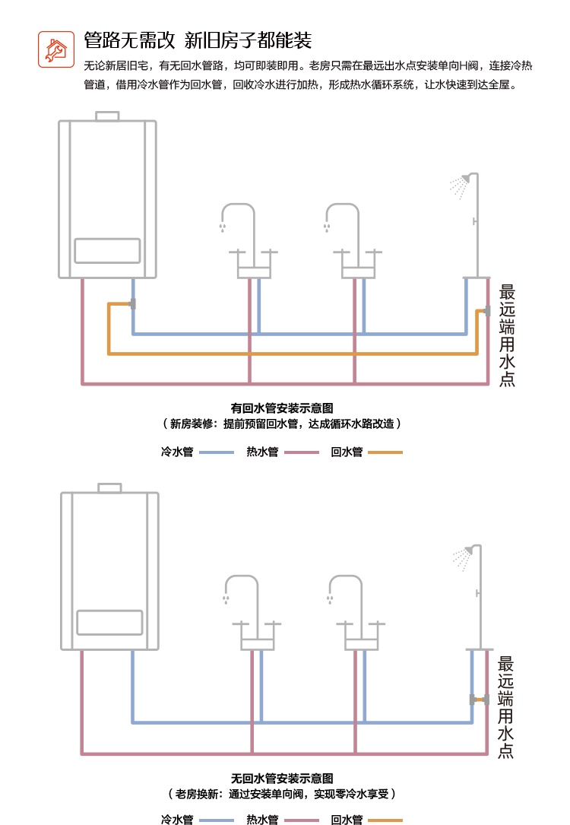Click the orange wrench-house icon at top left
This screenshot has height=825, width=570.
[56, 49]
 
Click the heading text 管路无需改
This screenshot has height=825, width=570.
[129, 40]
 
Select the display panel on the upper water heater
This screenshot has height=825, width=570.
[107, 251]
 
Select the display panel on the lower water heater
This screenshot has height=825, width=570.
[109, 622]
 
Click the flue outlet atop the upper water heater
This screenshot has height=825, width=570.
[107, 116]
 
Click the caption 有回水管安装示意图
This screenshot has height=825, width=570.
[282, 408]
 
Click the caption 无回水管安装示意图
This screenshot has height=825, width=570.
[282, 779]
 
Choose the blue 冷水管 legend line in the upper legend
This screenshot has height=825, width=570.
[217, 452]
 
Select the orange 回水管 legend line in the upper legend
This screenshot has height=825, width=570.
[385, 452]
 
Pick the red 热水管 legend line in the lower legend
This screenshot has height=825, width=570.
[301, 820]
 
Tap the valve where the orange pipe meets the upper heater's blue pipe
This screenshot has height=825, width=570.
[133, 304]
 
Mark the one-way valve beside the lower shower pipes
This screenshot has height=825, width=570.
[480, 700]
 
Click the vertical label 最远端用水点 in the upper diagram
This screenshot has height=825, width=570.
[507, 335]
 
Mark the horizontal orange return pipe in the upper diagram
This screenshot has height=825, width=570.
[293, 354]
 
